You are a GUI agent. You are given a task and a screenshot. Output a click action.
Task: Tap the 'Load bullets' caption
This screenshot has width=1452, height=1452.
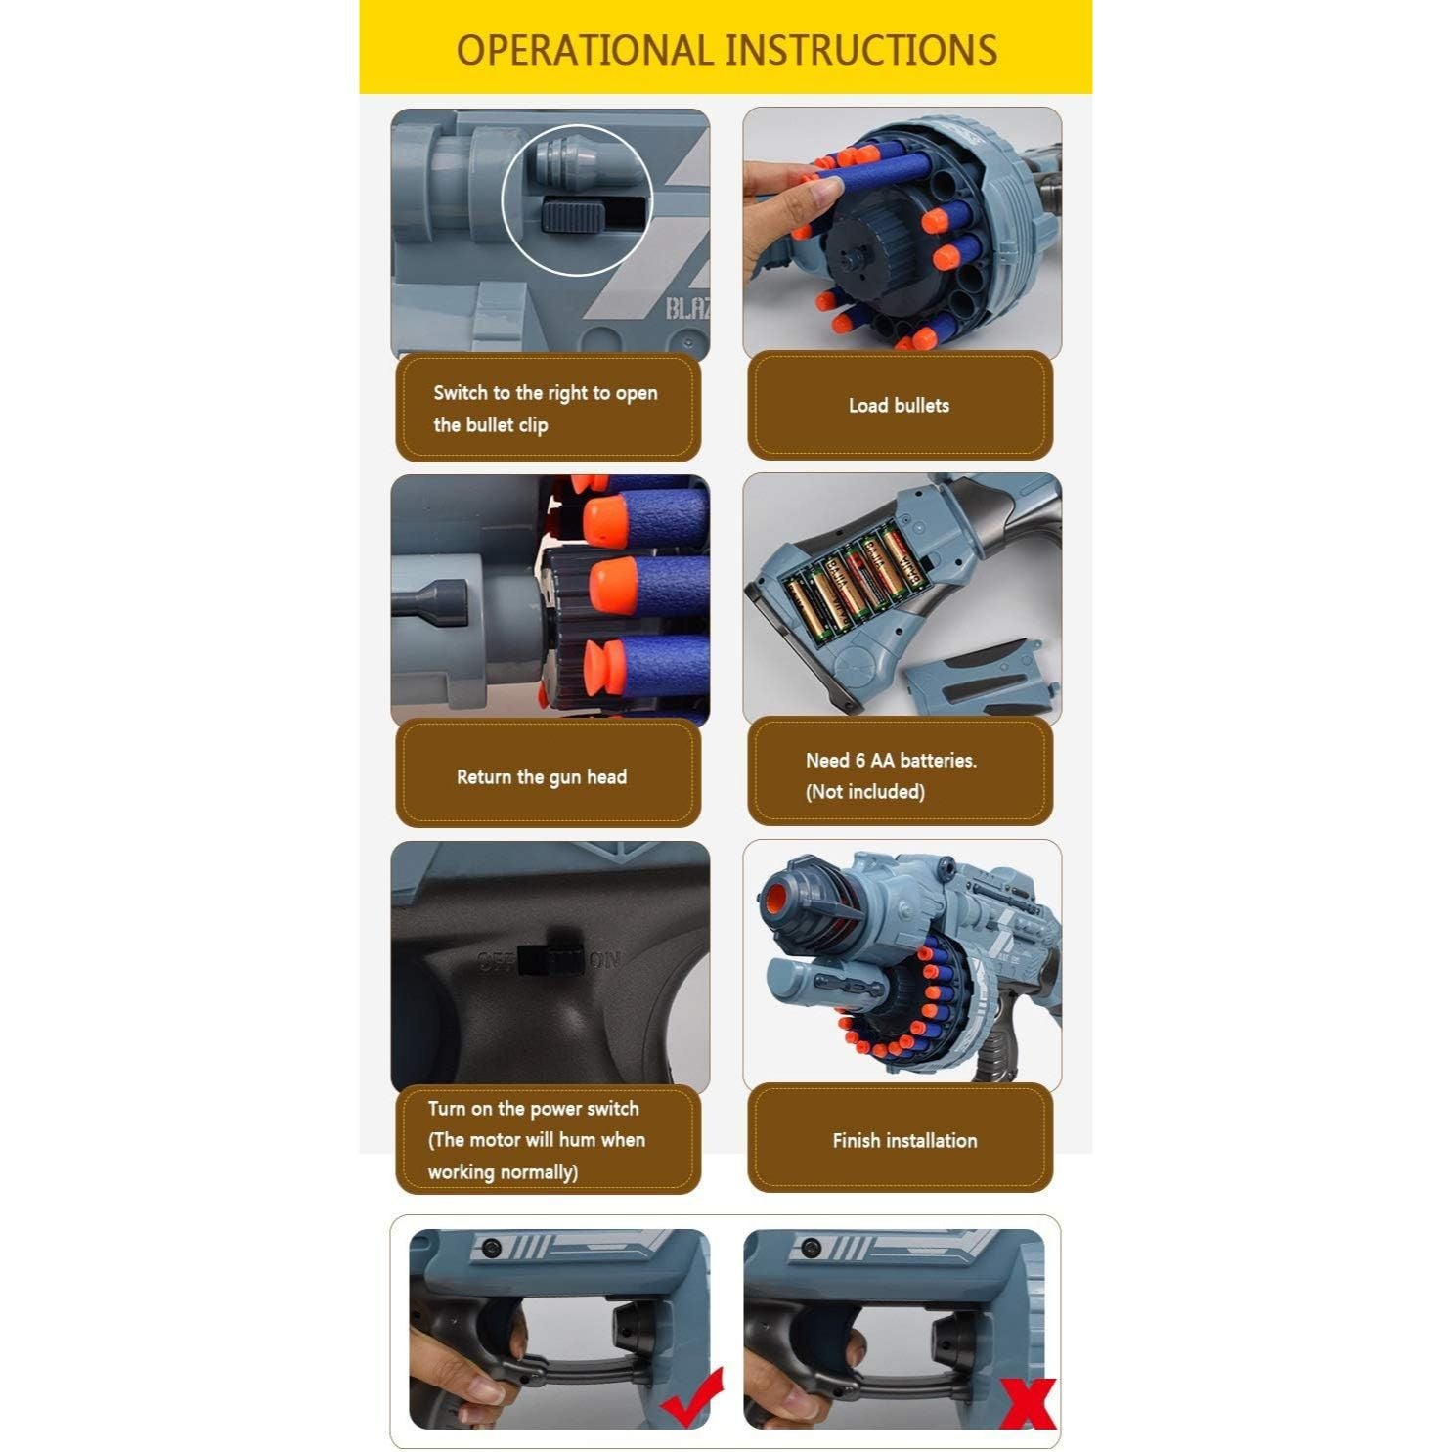click(899, 405)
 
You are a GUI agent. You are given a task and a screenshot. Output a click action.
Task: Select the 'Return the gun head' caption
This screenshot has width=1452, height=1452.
click(542, 777)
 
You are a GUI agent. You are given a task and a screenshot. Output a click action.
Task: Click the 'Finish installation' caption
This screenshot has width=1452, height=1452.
click(904, 1140)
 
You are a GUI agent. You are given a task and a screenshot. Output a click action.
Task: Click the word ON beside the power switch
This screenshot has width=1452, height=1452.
click(605, 961)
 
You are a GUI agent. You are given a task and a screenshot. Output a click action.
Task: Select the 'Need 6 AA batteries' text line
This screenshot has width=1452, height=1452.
click(892, 760)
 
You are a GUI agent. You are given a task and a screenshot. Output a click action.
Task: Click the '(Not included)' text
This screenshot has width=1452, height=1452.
click(865, 791)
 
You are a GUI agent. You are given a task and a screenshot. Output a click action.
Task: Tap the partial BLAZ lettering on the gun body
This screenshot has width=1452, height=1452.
click(688, 310)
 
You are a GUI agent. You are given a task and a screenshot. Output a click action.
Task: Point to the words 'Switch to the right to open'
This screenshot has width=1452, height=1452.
click(546, 393)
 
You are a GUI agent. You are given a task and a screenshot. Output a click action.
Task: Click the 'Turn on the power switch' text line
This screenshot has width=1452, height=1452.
click(534, 1109)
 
